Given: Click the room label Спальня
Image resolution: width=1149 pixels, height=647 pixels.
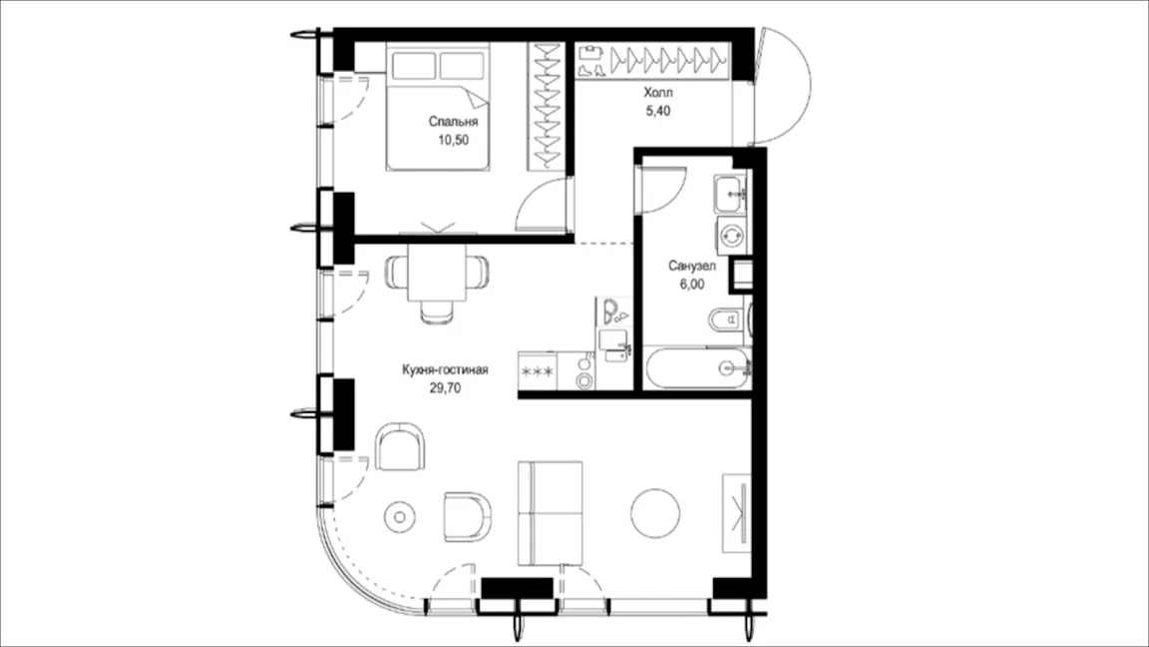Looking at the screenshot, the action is tap(453, 122).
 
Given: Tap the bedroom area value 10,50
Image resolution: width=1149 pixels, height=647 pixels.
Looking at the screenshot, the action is tap(453, 140).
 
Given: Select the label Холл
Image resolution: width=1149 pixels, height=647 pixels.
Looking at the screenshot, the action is tap(658, 93).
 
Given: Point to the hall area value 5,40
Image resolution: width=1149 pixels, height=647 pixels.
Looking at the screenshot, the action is tap(657, 111).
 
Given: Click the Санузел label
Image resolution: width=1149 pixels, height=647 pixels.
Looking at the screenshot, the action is tap(692, 266).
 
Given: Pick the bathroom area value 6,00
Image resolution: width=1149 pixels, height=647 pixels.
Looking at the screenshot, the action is tap(692, 285).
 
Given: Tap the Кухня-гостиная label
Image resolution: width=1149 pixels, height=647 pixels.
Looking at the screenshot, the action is tap(445, 369).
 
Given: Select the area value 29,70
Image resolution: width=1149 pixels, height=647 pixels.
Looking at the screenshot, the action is tap(445, 388).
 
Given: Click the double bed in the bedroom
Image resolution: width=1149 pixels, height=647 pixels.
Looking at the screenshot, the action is tap(438, 107).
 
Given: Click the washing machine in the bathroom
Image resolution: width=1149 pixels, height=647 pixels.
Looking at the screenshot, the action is tap(732, 236).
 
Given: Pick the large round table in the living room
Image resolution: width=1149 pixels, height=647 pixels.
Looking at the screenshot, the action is tap(655, 512).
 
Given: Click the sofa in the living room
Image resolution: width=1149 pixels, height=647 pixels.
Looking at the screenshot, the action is tap(551, 513).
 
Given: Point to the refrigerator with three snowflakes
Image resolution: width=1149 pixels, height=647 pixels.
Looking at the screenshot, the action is tap(538, 371).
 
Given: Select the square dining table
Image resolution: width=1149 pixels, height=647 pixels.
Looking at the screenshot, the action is tap(438, 273).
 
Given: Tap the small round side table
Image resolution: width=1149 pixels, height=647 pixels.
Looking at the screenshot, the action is tap(399, 517).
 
